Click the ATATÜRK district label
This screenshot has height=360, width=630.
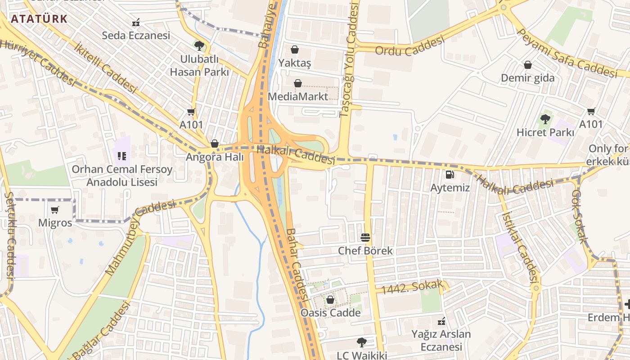(x=39, y=19)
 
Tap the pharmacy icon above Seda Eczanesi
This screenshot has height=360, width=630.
(x=135, y=22)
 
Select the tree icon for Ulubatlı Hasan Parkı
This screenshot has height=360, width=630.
(x=199, y=45)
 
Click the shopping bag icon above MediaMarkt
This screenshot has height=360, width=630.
(x=297, y=83)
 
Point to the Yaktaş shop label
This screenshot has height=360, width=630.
(x=295, y=63)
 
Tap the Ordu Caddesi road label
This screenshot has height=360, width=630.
(x=409, y=46)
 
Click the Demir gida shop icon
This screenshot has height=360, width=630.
(x=528, y=65)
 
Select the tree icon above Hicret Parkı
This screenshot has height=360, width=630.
(x=545, y=119)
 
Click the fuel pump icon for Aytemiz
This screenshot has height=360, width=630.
(x=449, y=175)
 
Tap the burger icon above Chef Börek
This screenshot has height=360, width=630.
(x=365, y=238)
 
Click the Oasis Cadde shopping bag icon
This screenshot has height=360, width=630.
(x=330, y=300)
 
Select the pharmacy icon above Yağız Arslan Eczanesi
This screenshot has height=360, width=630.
(x=441, y=321)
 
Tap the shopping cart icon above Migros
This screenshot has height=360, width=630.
(x=55, y=210)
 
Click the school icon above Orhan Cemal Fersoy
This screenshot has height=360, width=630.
(x=121, y=156)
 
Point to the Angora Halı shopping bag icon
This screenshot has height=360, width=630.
(x=215, y=144)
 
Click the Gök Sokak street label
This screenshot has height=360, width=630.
(x=580, y=216)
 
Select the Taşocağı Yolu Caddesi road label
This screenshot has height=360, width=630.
(x=350, y=61)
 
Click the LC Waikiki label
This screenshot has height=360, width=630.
(x=362, y=355)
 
